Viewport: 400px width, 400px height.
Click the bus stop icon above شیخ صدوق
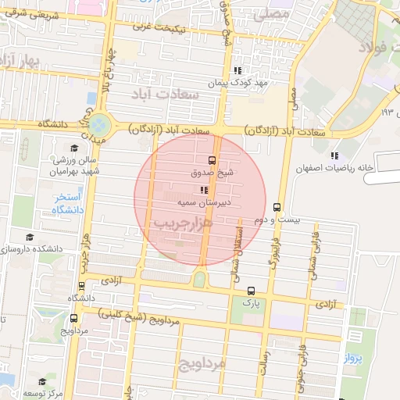coord(212,159)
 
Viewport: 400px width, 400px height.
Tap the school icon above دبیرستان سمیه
coord(205,190)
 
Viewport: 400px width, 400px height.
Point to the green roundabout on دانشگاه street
coord(99,124)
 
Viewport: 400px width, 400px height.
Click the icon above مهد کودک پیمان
coord(237,70)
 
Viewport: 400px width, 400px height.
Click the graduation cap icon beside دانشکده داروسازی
coord(30,237)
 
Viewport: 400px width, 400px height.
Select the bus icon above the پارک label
coord(250,290)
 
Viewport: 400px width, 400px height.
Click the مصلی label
coord(278,14)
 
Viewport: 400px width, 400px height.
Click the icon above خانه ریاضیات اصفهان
coord(334,155)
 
